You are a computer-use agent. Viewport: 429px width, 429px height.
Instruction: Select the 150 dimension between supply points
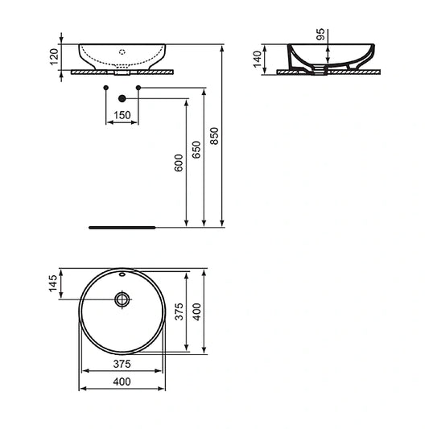pyautogui.click(x=122, y=116)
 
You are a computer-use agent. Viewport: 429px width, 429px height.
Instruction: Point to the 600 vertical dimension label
pyautogui.click(x=179, y=163)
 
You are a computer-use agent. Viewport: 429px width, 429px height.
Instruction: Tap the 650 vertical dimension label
pyautogui.click(x=196, y=151)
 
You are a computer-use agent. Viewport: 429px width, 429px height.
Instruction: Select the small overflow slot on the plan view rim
pyautogui.click(x=122, y=274)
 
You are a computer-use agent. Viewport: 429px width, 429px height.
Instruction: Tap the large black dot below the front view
pyautogui.click(x=122, y=97)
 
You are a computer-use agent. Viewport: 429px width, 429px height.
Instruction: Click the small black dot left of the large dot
pyautogui.click(x=106, y=85)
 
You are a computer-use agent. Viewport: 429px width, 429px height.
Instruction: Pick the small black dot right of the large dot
pyautogui.click(x=138, y=85)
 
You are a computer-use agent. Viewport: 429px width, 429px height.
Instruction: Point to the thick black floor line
pyautogui.click(x=120, y=227)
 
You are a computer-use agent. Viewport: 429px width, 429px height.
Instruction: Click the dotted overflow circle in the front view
pyautogui.click(x=122, y=51)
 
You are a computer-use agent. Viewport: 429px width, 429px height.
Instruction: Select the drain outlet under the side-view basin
pyautogui.click(x=325, y=69)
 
